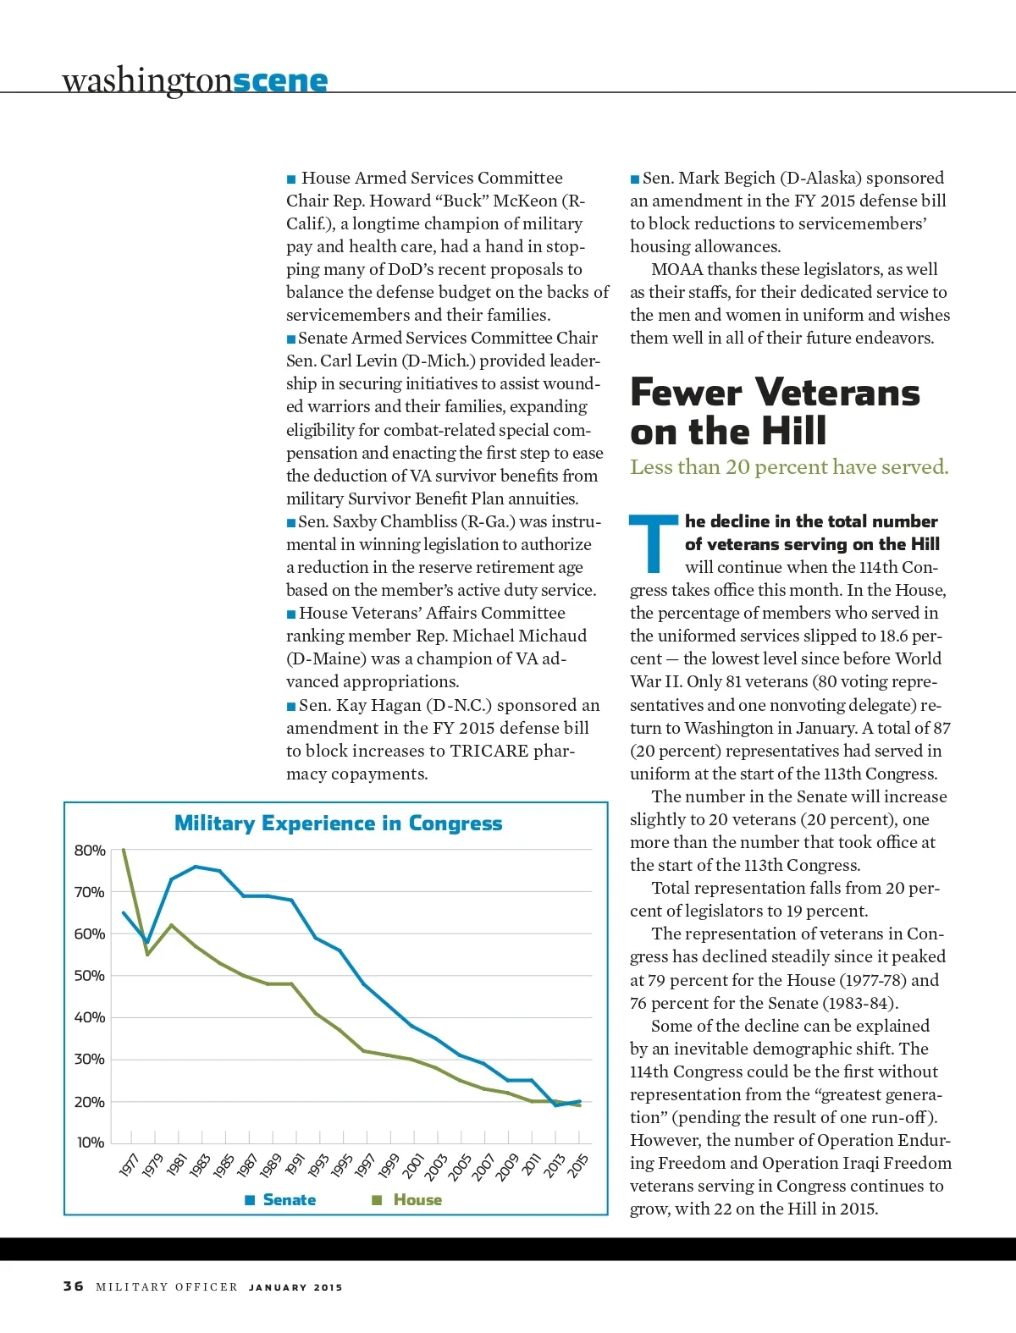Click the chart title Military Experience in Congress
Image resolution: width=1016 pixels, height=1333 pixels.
point(338,823)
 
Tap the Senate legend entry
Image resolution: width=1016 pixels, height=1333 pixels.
point(280,1200)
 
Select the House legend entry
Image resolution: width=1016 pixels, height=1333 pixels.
point(408,1200)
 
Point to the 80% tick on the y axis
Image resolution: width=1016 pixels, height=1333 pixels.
point(90,850)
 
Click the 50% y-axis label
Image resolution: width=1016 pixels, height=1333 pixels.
point(90,975)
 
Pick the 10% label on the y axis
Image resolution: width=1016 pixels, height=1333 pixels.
point(91,1143)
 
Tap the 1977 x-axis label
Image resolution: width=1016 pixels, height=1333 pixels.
point(129,1165)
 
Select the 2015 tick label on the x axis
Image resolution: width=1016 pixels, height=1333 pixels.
point(577,1165)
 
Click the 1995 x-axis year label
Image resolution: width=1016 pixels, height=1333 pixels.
point(341,1165)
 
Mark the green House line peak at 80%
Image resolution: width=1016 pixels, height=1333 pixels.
point(124,849)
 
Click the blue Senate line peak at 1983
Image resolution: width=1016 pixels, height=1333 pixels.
point(196,867)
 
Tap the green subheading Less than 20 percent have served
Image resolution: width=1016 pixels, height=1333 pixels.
point(789,467)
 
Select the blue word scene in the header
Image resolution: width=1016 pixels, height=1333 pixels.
point(279,80)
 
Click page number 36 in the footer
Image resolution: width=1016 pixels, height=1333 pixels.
point(74,1286)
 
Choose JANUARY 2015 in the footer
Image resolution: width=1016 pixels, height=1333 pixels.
point(295,1287)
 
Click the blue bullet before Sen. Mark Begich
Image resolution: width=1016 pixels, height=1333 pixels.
point(635,179)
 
